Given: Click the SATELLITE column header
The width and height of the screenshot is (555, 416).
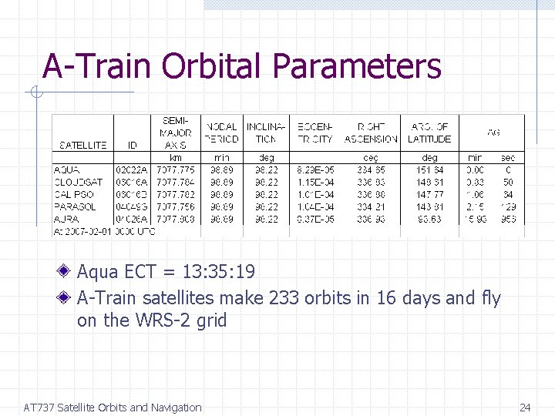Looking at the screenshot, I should pyautogui.click(x=82, y=145).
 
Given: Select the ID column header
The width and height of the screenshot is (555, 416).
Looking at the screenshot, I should pyautogui.click(x=133, y=145).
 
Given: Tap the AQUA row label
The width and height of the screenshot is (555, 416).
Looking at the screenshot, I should pyautogui.click(x=67, y=169).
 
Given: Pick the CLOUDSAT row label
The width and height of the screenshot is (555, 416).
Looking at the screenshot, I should pyautogui.click(x=78, y=182).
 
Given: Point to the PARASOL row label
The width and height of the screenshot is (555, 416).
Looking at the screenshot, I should pyautogui.click(x=75, y=206).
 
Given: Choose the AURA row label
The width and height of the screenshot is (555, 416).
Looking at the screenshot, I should pyautogui.click(x=67, y=219).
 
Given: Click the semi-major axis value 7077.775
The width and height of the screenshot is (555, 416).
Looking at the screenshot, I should pyautogui.click(x=176, y=169).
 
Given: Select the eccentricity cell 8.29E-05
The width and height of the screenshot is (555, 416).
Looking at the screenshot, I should pyautogui.click(x=314, y=169).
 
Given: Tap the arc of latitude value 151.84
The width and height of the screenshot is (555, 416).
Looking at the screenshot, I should pyautogui.click(x=429, y=169).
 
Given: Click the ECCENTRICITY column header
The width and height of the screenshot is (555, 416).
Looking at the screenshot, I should pyautogui.click(x=314, y=133).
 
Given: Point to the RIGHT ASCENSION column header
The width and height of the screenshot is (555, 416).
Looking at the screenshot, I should pyautogui.click(x=371, y=133).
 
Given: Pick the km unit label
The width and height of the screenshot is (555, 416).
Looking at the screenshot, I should pyautogui.click(x=176, y=157).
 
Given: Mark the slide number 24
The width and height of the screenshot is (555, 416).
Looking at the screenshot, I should pyautogui.click(x=525, y=408).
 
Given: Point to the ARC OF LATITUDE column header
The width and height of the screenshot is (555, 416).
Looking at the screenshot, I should pyautogui.click(x=429, y=133).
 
